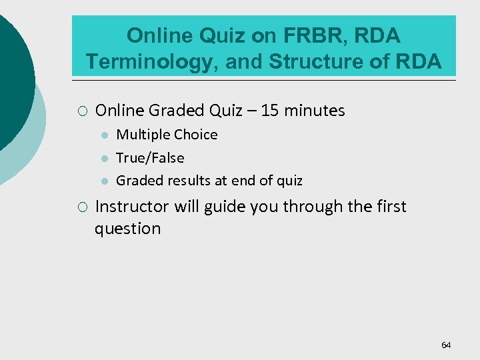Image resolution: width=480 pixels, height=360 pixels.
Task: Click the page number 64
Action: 446,345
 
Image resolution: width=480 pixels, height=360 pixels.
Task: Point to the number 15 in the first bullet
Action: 270,111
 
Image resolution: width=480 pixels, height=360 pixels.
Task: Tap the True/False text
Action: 150,158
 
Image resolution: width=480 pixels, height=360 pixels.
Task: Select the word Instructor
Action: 133,207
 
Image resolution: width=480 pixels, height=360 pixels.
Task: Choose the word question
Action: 127,229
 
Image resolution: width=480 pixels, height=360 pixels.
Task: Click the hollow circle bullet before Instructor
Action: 81,207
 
